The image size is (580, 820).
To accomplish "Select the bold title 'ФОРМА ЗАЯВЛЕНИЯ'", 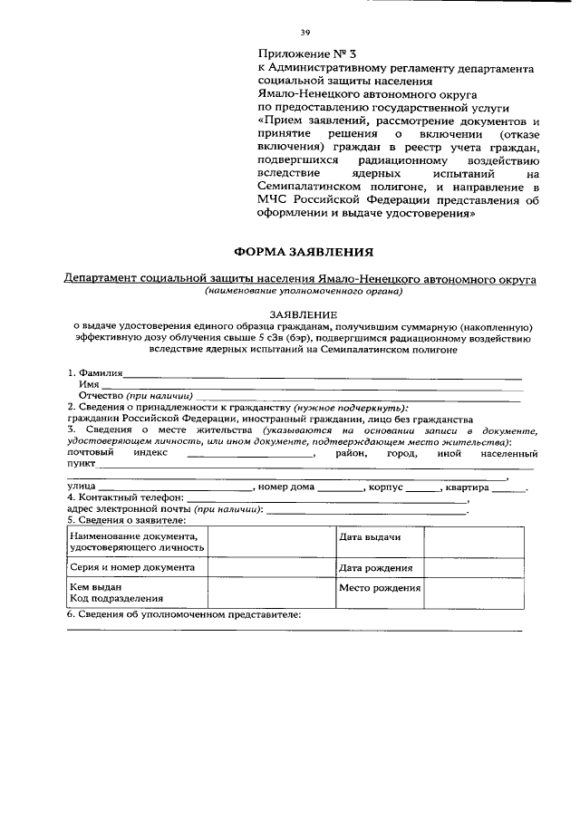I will tap(303, 249).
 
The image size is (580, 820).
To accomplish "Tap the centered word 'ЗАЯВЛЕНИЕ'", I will tap(302, 313).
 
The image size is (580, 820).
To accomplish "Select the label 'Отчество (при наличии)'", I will tap(136, 396).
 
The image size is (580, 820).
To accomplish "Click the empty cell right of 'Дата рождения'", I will tap(473, 567).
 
